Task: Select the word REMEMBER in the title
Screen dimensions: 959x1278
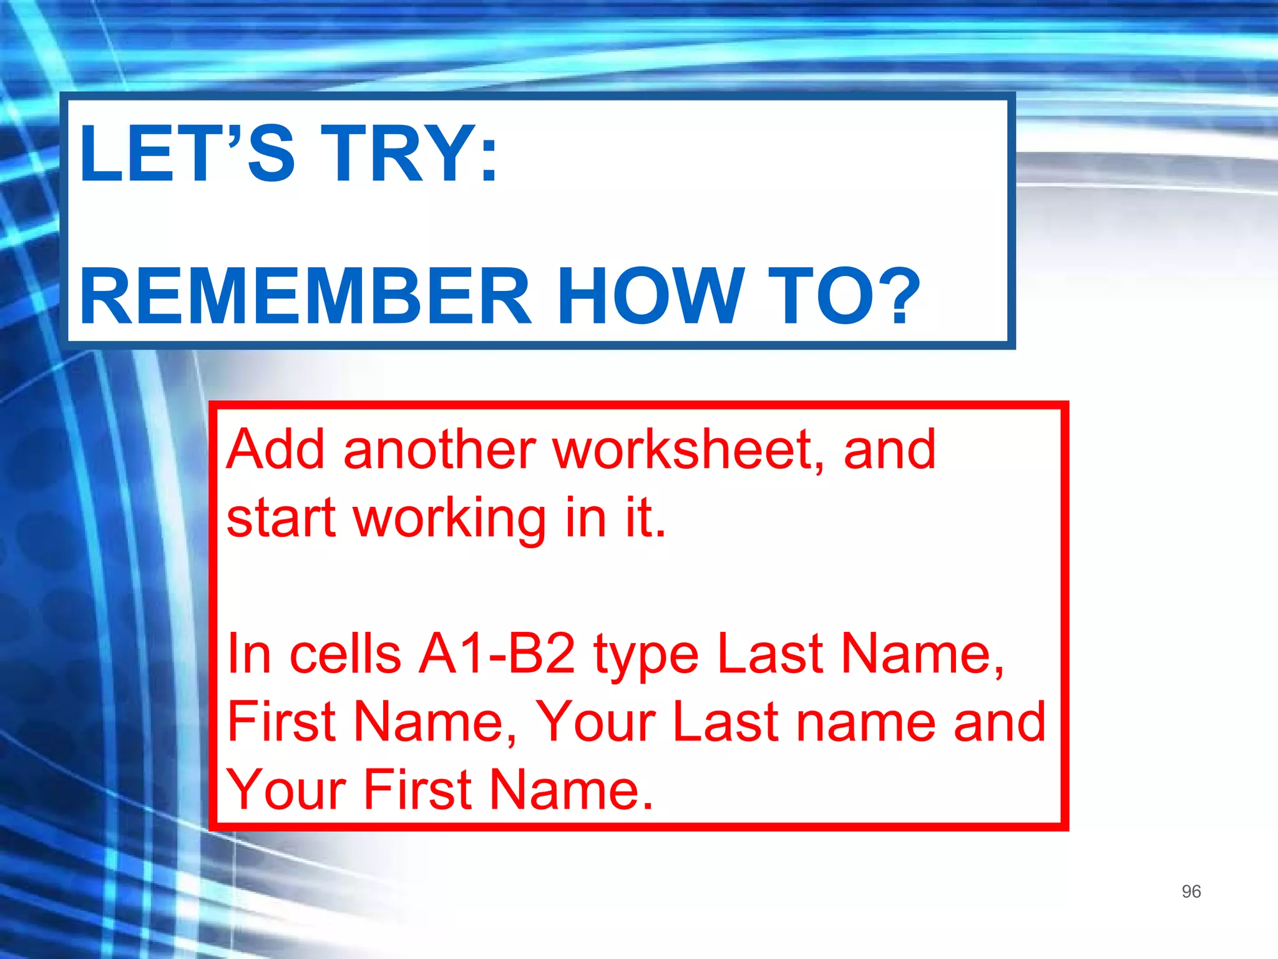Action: click(x=305, y=296)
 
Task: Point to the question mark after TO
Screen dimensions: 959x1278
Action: click(x=898, y=296)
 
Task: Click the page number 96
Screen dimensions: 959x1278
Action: click(x=1191, y=891)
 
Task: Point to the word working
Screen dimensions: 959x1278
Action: click(x=450, y=519)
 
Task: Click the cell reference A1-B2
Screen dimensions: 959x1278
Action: click(x=496, y=654)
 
